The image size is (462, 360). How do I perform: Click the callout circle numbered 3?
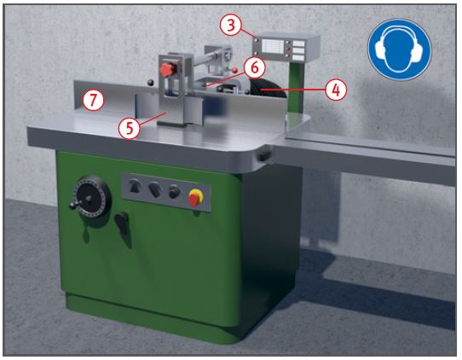point(230,26)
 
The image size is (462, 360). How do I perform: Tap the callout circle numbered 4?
point(338,89)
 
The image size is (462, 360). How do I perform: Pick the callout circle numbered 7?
point(94,101)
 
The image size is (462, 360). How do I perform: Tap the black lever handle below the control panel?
point(123,225)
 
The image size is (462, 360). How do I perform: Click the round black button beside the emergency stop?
point(174,192)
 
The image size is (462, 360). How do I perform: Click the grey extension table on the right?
point(375,154)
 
